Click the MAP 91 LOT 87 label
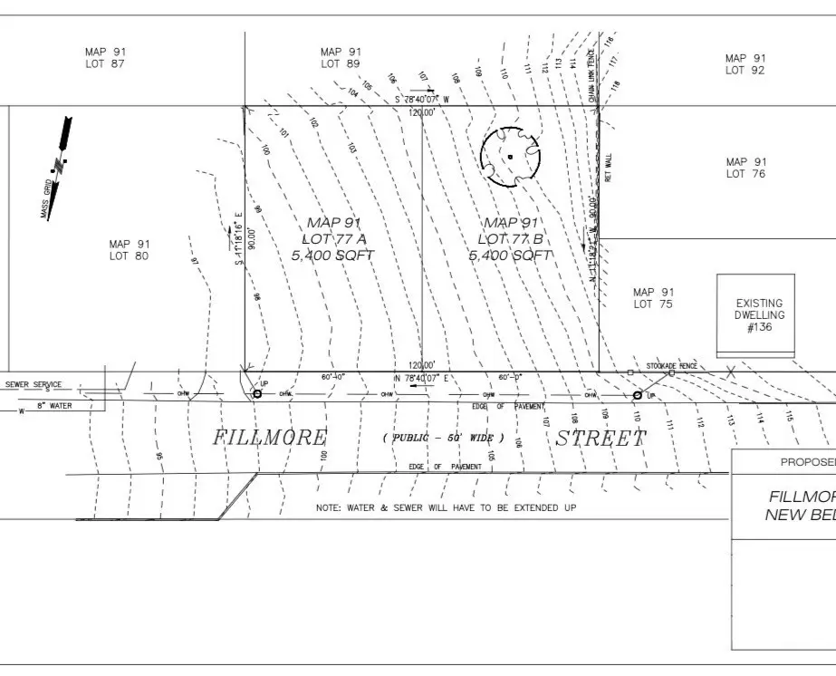[105, 58]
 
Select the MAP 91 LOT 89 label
[341, 58]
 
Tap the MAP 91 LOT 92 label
[745, 64]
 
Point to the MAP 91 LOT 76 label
[745, 168]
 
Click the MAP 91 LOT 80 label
[130, 250]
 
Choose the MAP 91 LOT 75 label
[654, 298]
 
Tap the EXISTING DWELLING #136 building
[759, 315]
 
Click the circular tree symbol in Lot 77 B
[510, 157]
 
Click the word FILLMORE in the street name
[269, 438]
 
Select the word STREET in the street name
[601, 439]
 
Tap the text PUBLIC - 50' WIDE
[443, 439]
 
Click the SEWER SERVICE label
[34, 384]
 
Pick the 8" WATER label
[53, 406]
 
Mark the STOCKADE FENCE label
[671, 365]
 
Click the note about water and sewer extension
[446, 508]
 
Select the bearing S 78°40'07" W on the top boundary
[421, 99]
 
